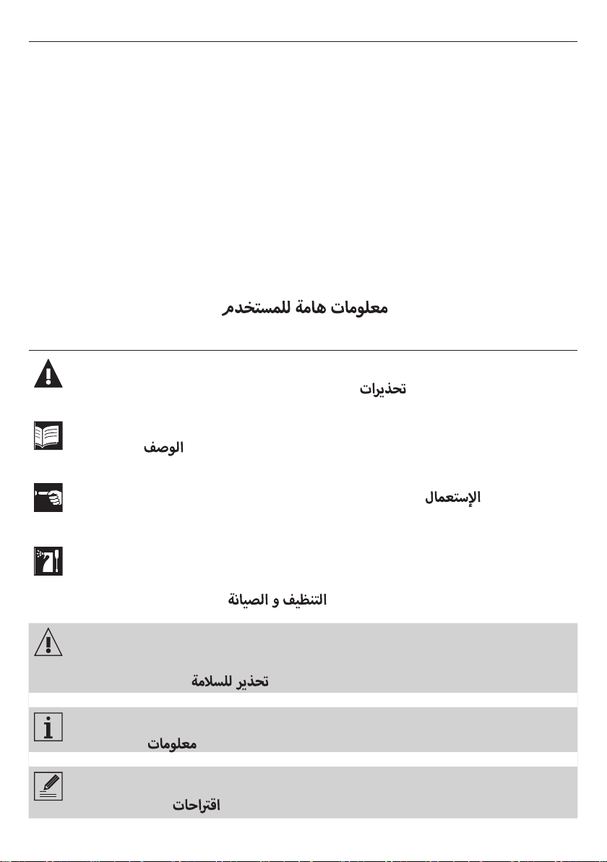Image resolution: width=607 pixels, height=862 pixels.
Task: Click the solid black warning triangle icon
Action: click(x=48, y=373)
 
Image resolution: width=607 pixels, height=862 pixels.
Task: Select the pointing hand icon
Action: click(x=48, y=498)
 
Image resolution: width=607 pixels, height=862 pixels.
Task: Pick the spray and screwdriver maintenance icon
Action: click(x=48, y=561)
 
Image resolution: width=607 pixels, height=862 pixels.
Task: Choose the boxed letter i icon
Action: click(x=48, y=725)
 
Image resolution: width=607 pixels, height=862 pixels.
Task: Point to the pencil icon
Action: click(x=48, y=786)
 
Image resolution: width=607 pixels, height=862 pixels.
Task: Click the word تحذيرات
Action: click(x=384, y=389)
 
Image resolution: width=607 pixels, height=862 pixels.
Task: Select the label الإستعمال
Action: click(x=452, y=498)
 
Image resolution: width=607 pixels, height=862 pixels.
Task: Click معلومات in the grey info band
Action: click(x=173, y=744)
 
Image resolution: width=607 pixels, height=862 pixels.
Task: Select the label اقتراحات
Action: click(x=196, y=805)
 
